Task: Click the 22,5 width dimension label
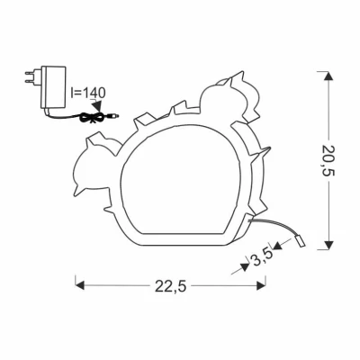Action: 171,286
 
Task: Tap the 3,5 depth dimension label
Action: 263,257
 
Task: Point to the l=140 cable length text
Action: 88,93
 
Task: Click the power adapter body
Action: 54,86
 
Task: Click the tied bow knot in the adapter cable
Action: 93,117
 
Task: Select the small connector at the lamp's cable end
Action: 300,241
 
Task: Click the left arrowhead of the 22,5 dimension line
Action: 79,285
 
